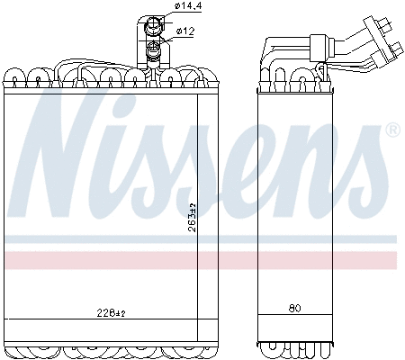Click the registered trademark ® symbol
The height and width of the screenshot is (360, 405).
click(x=392, y=131)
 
